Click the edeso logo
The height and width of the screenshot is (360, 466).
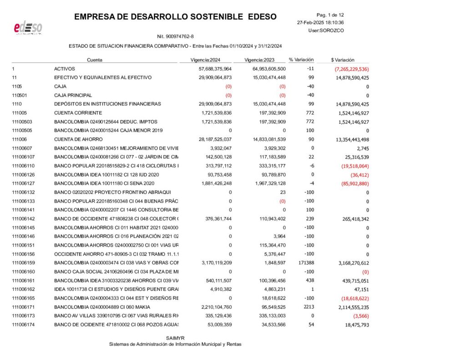pos(28,28)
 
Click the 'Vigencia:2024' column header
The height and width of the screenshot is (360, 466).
pos(205,60)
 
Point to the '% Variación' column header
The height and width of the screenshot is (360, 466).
pos(301,60)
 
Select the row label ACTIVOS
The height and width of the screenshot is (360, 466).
pos(65,69)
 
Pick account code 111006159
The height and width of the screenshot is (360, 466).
pos(24,263)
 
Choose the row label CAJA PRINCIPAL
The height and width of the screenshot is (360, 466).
pos(73,95)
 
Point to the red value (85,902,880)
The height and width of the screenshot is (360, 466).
pos(354,183)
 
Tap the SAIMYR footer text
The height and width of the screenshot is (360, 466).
pos(175,338)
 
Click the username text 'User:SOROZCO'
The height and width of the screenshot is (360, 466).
pos(326,30)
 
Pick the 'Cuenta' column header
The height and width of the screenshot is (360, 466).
pos(95,60)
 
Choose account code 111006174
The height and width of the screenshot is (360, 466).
pos(24,324)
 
